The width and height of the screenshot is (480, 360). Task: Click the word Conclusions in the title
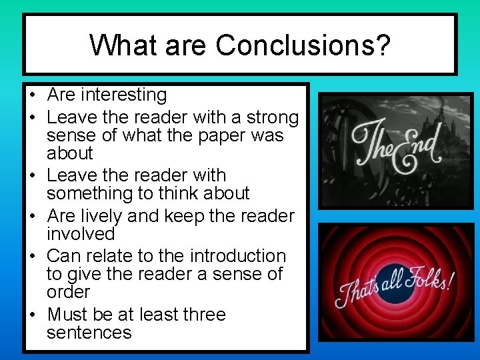tap(303, 45)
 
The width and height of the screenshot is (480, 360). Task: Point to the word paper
tap(229, 136)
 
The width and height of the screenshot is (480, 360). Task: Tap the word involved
tap(81, 234)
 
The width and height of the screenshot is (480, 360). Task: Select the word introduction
tap(237, 256)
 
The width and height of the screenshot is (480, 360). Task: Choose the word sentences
tap(89, 333)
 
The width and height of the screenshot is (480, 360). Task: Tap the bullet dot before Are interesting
tap(33, 96)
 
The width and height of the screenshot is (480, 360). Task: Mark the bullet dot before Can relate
tap(33, 257)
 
